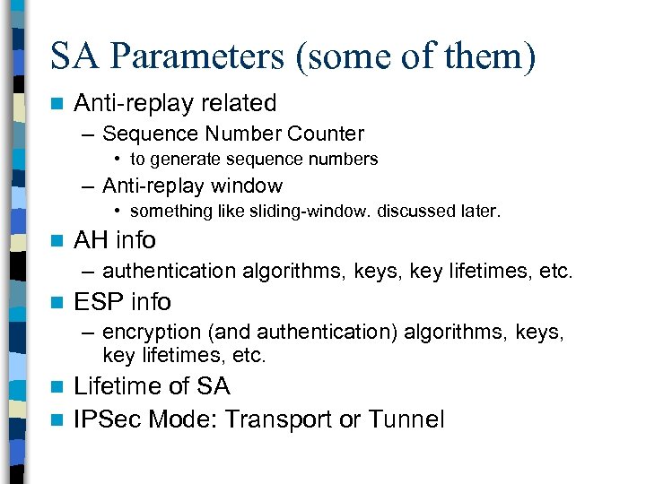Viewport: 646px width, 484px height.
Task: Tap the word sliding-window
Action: tap(314, 212)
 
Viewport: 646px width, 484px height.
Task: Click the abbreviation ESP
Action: tap(98, 301)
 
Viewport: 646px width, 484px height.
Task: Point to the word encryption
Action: tap(153, 333)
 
